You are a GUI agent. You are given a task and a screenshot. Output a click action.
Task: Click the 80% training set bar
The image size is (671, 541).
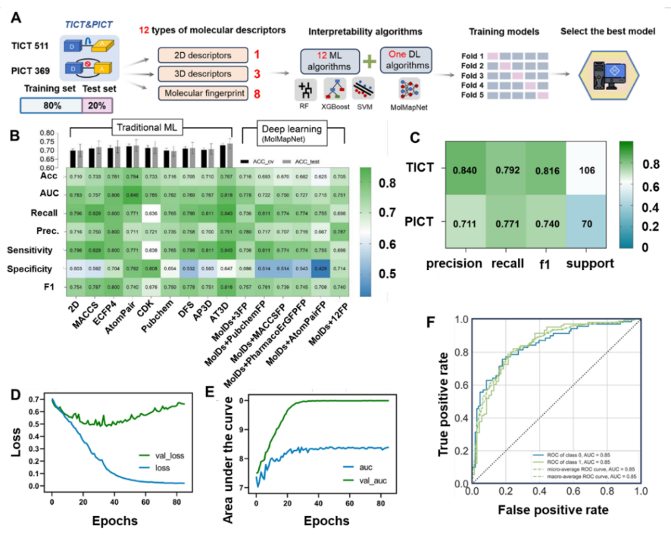(x=50, y=106)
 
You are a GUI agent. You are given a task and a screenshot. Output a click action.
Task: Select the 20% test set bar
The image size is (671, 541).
(x=97, y=106)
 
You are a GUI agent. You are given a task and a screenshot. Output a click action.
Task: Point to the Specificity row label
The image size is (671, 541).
(x=42, y=269)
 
